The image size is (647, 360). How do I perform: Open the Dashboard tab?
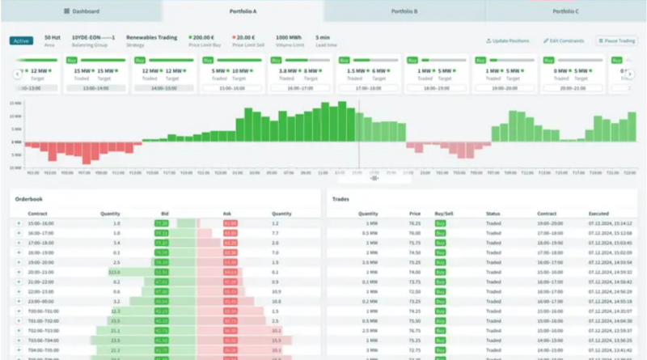(x=81, y=11)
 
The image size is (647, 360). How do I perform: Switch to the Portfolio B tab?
(x=404, y=11)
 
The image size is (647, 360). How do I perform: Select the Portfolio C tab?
(x=565, y=11)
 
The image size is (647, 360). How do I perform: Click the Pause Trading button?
(x=616, y=40)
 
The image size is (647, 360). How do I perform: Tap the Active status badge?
(x=21, y=40)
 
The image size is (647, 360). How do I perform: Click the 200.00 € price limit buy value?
(x=205, y=37)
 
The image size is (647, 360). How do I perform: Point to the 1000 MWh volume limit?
(x=288, y=37)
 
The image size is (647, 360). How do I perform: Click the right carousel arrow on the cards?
(x=630, y=74)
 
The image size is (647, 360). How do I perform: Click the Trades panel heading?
(x=341, y=198)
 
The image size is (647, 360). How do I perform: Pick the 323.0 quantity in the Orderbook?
(x=115, y=272)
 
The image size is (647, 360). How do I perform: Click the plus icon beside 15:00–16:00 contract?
(x=19, y=222)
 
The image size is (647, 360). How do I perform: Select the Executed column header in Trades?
(x=599, y=214)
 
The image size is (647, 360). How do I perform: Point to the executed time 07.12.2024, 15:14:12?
(x=611, y=222)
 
